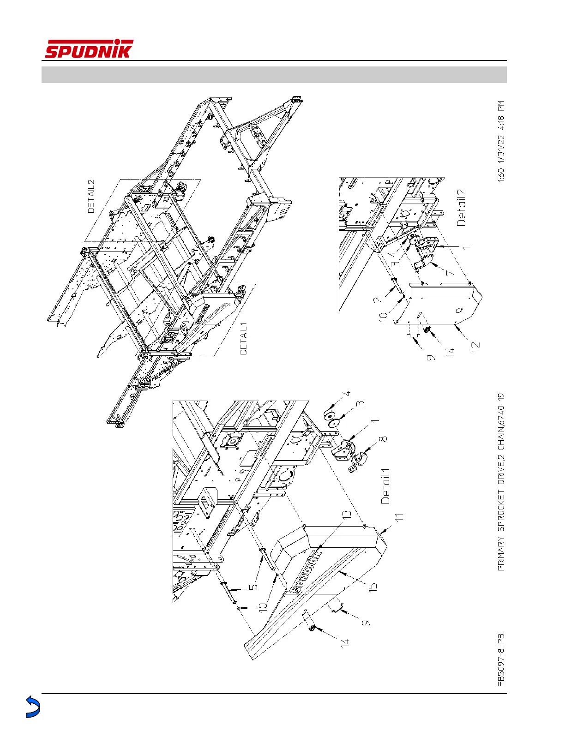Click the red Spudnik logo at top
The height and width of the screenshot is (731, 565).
tap(89, 49)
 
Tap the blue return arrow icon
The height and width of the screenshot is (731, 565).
tap(32, 707)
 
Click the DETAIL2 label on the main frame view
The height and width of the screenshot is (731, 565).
tap(91, 197)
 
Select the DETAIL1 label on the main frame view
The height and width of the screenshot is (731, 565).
tap(244, 338)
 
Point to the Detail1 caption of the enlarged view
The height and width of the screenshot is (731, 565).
tap(385, 486)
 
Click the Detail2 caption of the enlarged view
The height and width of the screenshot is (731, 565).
tap(461, 208)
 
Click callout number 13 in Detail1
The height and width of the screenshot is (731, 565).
tap(347, 513)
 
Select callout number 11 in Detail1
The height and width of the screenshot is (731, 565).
tap(399, 517)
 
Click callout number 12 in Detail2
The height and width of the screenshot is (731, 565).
tap(476, 345)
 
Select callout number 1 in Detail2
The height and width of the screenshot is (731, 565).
tap(467, 247)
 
